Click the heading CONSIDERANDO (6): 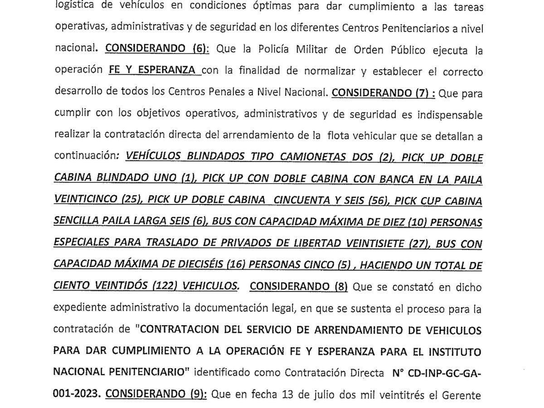point(157,50)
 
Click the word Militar point(295,50)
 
